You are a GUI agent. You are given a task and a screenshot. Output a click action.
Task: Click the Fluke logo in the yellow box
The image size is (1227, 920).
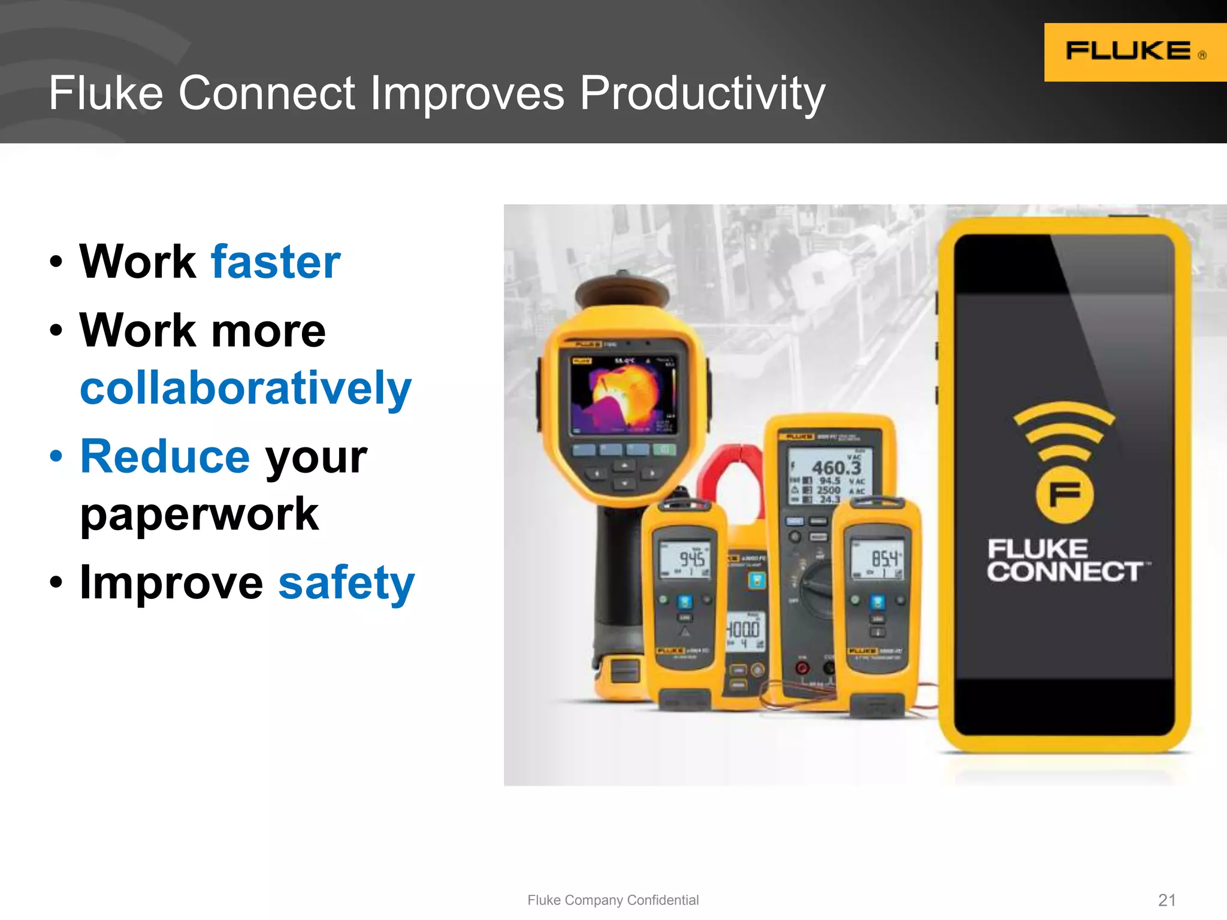(1128, 51)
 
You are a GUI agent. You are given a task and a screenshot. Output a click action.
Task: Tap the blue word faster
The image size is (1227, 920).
(276, 262)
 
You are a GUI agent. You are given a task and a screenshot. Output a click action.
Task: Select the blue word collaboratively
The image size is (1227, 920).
(246, 388)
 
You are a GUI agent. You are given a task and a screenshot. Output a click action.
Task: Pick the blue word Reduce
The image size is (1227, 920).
(165, 456)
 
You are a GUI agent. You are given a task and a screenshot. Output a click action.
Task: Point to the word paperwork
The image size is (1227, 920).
(199, 514)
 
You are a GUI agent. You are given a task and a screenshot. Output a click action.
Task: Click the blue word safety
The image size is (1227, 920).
(346, 583)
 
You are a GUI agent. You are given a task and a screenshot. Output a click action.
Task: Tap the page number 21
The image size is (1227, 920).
(1166, 900)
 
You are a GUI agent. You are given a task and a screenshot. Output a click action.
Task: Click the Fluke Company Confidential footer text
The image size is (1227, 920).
(612, 900)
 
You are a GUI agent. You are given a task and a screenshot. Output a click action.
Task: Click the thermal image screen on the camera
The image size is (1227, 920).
(623, 394)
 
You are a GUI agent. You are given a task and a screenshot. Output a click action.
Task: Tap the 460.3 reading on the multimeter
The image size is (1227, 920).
(835, 467)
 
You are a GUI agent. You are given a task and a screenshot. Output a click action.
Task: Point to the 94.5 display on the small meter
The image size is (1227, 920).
(691, 559)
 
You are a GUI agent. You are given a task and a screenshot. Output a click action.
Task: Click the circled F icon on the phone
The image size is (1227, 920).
(1064, 495)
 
